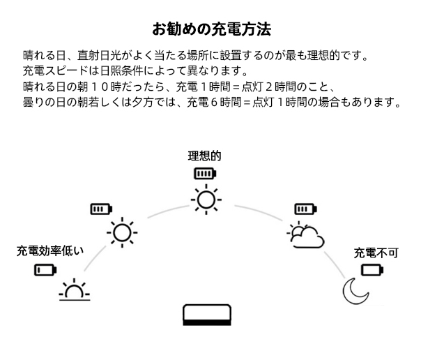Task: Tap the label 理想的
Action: [x=204, y=156]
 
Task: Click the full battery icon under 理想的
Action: [x=205, y=174]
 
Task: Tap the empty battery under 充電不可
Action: [x=372, y=269]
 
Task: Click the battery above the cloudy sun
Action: [x=305, y=209]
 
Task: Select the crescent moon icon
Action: [x=355, y=289]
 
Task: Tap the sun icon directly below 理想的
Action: [x=205, y=200]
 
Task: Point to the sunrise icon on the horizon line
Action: [x=74, y=290]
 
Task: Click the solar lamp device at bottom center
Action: [x=206, y=316]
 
